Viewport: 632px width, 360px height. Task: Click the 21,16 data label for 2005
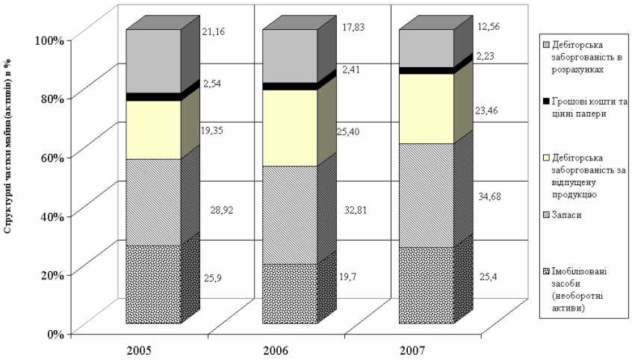tap(213, 32)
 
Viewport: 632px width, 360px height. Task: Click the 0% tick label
tap(57, 333)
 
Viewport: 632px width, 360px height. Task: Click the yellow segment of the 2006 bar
tap(289, 127)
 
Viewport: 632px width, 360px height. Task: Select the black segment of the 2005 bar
tap(153, 97)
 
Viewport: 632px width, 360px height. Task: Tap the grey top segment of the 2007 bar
tap(426, 49)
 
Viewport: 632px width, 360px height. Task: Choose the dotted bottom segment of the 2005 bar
tap(153, 284)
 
